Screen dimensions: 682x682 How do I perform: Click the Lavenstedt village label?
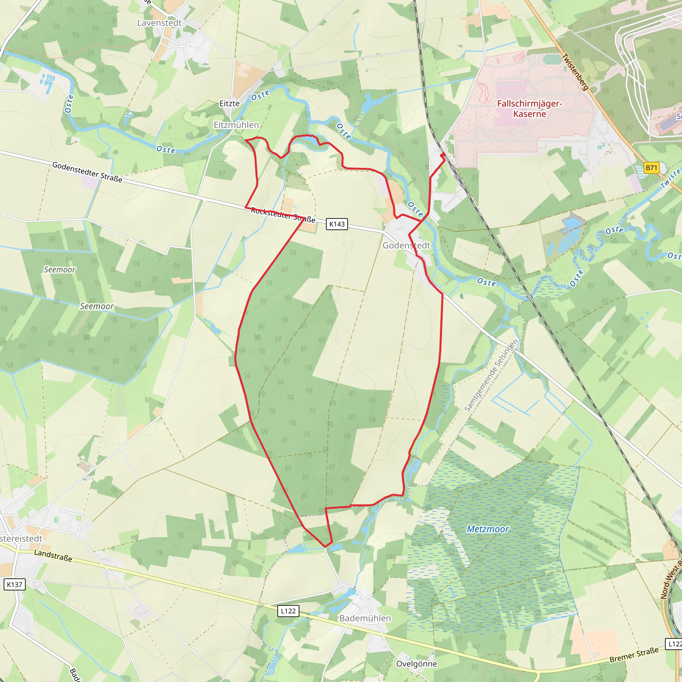[159, 23]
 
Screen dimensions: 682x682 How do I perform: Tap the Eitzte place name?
[229, 104]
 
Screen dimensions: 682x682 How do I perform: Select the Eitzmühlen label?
[236, 125]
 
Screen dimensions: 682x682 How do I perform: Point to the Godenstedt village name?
[406, 245]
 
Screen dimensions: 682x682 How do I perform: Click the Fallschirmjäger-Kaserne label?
[529, 109]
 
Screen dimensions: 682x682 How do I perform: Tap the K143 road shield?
[337, 224]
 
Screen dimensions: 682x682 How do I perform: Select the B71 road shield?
[651, 168]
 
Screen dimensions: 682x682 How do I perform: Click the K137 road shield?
[14, 584]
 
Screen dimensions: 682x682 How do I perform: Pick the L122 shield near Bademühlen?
[288, 611]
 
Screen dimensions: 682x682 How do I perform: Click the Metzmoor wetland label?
[488, 529]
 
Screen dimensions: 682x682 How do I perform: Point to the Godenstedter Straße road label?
[87, 172]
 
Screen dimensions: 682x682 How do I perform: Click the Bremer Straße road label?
[634, 655]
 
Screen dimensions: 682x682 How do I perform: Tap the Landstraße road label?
[53, 555]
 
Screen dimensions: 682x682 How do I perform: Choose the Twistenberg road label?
[575, 72]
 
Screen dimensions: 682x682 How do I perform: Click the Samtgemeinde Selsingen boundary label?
[492, 375]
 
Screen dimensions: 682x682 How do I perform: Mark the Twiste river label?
[670, 178]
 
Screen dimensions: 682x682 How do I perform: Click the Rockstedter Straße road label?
[283, 215]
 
